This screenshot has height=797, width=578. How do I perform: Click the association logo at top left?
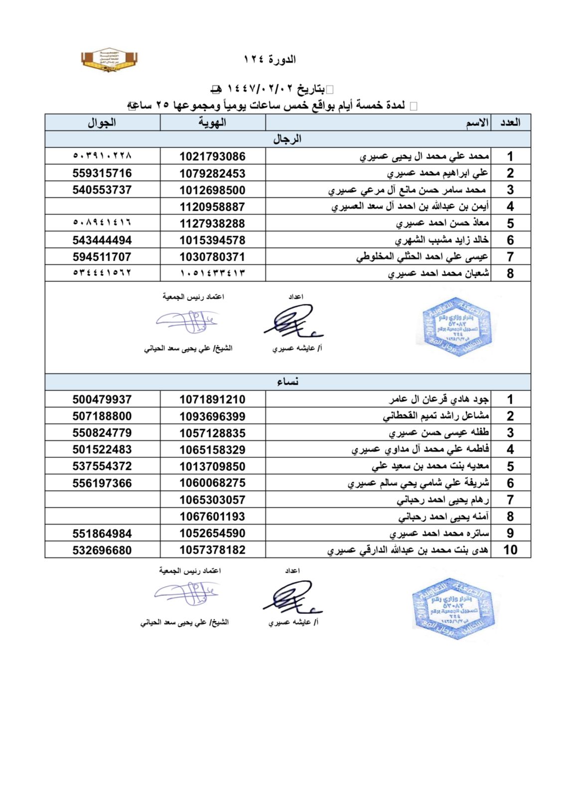click(109, 60)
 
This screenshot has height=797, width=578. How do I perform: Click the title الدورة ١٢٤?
click(270, 60)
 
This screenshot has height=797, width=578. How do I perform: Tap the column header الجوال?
click(102, 123)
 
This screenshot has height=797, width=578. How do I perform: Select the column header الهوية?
click(212, 123)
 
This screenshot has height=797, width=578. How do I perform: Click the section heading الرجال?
click(287, 139)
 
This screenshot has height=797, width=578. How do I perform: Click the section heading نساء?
click(288, 382)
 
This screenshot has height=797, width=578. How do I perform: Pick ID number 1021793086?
click(212, 156)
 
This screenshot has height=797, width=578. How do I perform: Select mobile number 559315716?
click(102, 173)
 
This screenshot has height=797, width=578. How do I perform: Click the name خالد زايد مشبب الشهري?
click(441, 240)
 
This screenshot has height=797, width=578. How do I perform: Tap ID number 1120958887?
click(212, 207)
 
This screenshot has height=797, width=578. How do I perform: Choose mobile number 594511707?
click(102, 257)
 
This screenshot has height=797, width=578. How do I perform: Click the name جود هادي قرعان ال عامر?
click(438, 399)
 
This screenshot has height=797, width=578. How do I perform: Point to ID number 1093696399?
click(212, 416)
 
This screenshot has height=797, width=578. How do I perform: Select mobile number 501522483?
click(102, 450)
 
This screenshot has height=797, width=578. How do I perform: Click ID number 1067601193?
click(212, 517)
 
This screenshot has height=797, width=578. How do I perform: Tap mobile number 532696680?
click(102, 550)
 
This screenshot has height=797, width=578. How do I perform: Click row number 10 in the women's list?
click(510, 550)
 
